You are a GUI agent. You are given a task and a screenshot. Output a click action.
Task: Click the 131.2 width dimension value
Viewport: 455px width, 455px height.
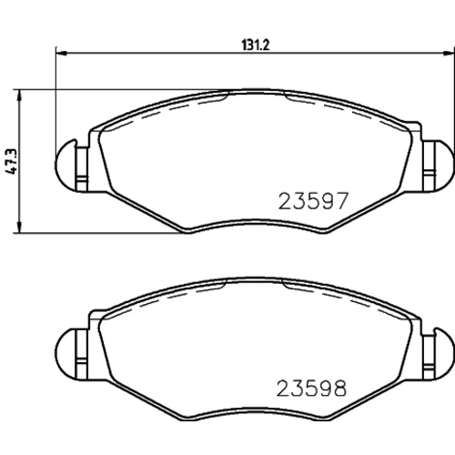coord(256,45)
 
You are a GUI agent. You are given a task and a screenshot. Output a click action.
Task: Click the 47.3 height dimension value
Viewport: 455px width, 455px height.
coord(11,162)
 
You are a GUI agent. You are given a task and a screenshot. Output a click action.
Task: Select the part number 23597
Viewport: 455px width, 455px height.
coord(312,201)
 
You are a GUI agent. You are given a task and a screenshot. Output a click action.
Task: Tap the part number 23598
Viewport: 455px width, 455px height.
coord(311,389)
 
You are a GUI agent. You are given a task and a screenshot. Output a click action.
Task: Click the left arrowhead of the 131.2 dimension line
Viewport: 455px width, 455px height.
coord(61,54)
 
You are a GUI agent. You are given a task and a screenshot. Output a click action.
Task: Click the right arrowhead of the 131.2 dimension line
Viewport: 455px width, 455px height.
coord(449,54)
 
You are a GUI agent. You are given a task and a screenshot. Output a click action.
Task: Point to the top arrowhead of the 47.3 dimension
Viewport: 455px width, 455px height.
coord(20,95)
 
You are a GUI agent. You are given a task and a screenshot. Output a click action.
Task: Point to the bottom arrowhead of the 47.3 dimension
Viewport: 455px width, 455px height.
coord(20,227)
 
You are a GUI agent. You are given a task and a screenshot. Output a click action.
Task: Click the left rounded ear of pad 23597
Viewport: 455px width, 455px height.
coord(66,166)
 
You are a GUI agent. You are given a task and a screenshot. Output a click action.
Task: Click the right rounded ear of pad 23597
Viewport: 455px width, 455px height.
coord(443,166)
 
